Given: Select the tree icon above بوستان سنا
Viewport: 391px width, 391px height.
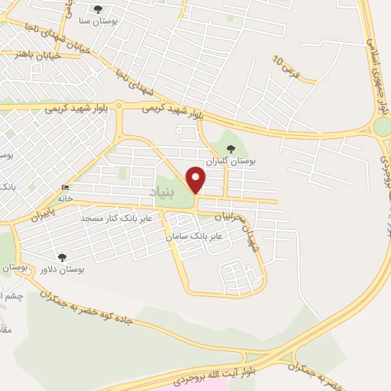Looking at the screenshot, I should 98,8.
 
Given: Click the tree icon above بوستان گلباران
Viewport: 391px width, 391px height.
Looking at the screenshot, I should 231,149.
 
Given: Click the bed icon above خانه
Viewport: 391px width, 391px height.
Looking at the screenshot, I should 66,188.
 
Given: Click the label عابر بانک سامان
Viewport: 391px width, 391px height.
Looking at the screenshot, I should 195,237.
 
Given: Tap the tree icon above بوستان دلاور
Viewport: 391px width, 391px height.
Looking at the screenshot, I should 62,257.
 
